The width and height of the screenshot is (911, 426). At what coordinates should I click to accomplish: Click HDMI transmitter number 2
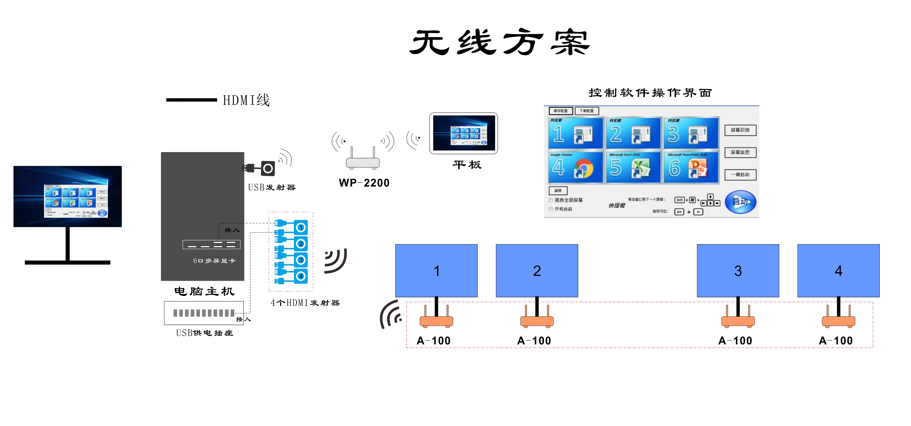(x=301, y=244)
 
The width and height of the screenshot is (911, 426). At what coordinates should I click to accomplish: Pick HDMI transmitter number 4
(x=301, y=276)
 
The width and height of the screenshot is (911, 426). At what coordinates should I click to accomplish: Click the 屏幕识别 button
(x=740, y=130)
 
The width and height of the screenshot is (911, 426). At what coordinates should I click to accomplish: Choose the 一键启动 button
(x=740, y=175)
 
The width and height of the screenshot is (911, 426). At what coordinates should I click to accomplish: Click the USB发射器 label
(x=272, y=187)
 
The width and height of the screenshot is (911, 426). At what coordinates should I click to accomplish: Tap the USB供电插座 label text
(x=204, y=333)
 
